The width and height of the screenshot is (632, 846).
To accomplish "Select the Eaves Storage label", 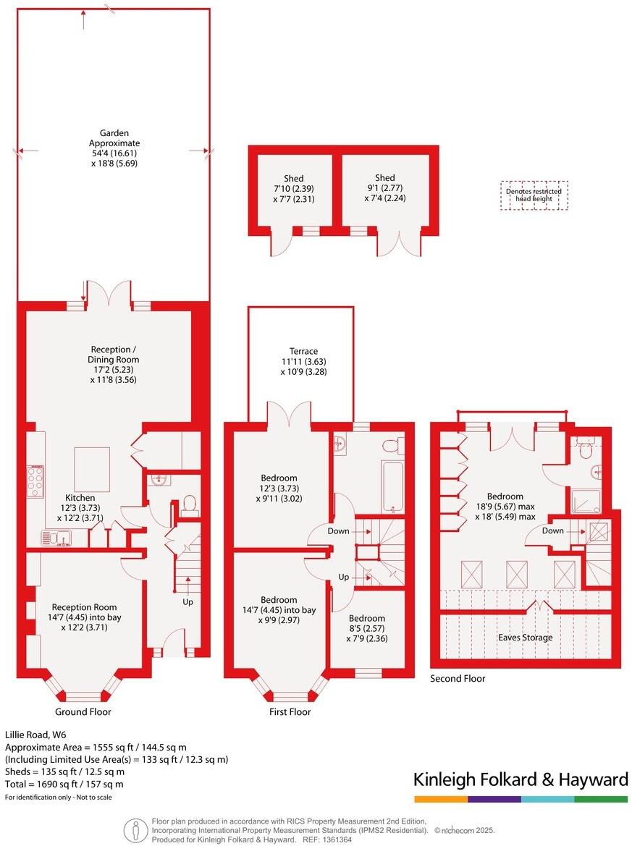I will point(526,637).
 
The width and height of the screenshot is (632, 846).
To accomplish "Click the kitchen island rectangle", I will point(92,469).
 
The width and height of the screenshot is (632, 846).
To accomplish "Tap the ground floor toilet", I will point(190,504).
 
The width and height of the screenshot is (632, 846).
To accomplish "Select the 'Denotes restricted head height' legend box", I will point(534,195).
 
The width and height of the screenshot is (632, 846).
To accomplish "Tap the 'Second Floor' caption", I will point(458,678).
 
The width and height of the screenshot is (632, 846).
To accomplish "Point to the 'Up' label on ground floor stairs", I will point(188,601).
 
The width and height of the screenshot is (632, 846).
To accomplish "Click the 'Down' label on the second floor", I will point(553,530).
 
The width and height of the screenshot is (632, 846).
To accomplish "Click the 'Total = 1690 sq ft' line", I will point(64,784).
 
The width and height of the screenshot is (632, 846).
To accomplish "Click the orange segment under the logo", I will point(440,799).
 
